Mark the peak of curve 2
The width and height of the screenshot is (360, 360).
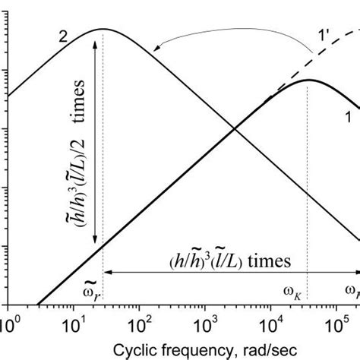coord(103,30)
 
